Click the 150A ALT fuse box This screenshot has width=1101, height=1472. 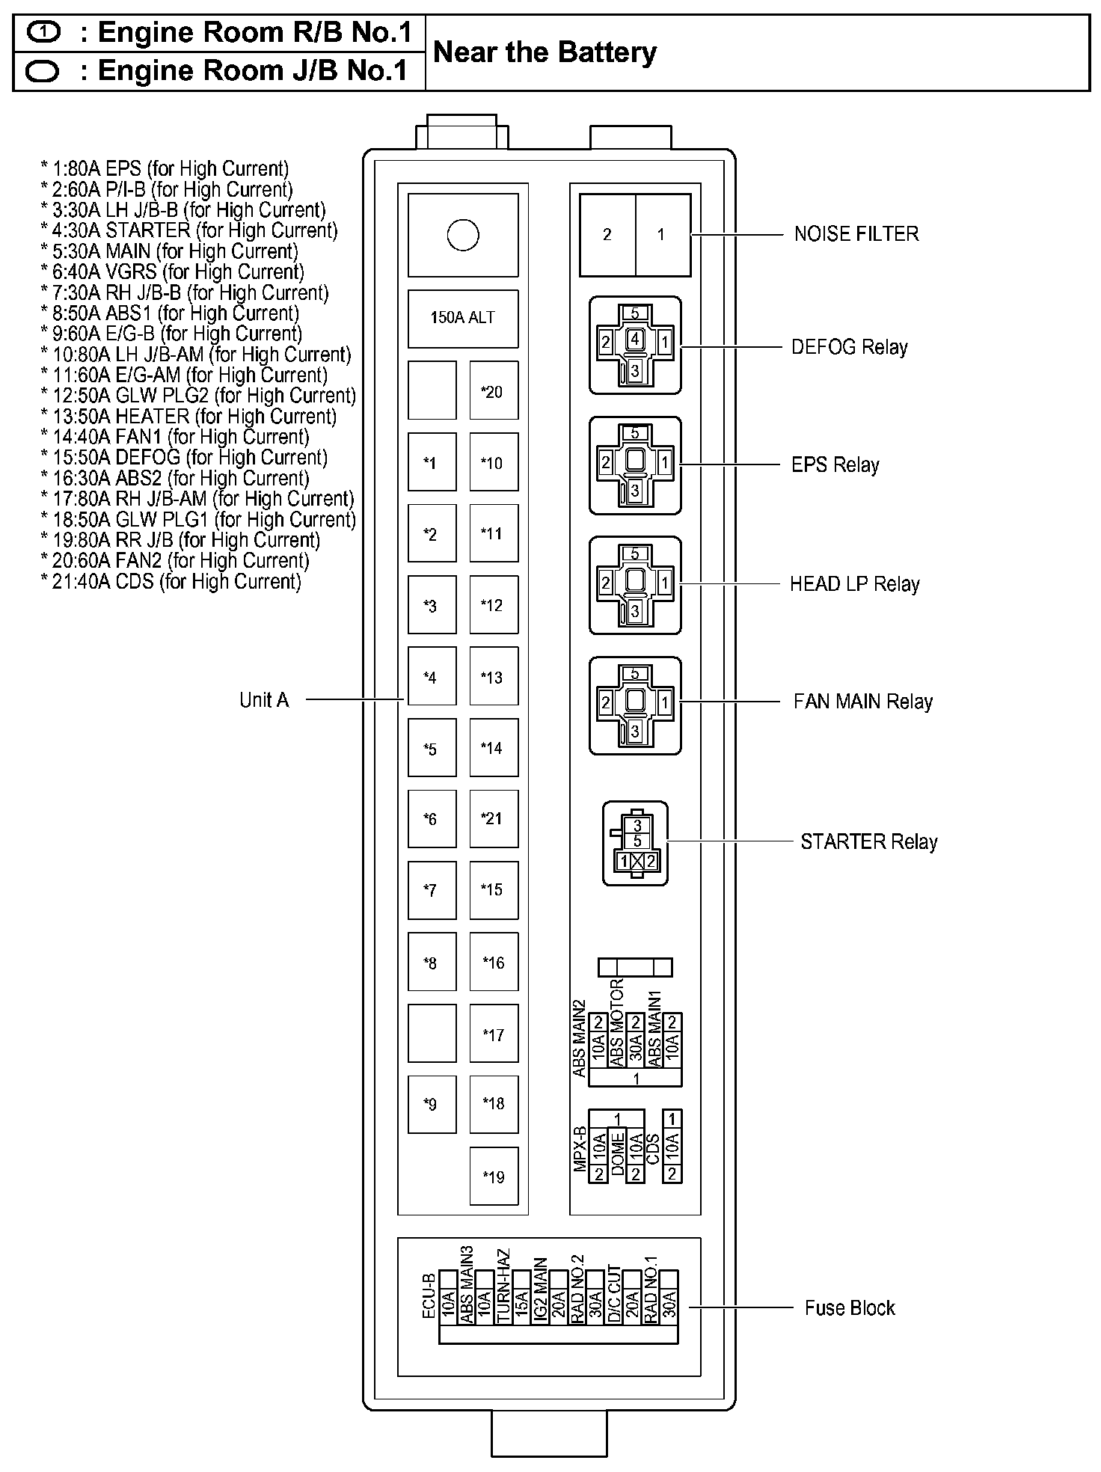point(462,318)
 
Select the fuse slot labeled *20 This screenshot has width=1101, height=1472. point(493,391)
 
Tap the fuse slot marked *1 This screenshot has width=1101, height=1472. point(431,462)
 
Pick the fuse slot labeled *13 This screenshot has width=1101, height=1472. point(493,678)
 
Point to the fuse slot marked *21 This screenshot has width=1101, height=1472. point(493,818)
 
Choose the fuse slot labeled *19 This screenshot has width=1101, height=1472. point(494,1177)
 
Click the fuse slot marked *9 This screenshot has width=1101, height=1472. point(431,1104)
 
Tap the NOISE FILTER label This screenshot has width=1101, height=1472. point(856,234)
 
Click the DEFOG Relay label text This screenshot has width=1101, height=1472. point(850,347)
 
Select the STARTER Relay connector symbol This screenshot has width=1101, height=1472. point(636,843)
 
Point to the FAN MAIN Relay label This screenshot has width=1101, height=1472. point(863,702)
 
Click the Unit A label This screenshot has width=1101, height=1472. point(264,700)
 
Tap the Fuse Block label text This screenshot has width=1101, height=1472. point(850,1308)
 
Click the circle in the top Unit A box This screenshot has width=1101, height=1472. point(462,235)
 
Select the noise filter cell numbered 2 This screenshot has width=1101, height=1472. point(607,235)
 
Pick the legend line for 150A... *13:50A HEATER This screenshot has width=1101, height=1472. point(189,417)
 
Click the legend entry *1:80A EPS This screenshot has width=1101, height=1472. point(165,169)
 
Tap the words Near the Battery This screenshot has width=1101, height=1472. point(545,52)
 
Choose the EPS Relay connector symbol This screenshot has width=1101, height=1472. point(635,465)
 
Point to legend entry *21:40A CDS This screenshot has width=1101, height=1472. point(171,581)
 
